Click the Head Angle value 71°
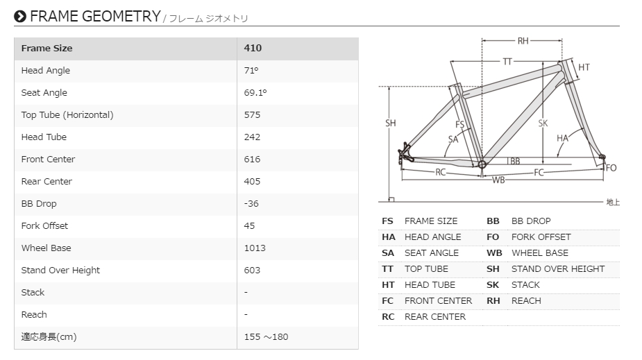[251, 70]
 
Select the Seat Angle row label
[44, 93]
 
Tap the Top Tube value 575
[252, 115]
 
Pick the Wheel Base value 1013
[255, 248]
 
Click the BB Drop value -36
[251, 204]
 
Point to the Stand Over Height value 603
[252, 270]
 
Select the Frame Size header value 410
[253, 49]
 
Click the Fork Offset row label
[44, 226]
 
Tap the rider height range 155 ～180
[266, 336]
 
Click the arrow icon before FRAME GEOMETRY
[20, 17]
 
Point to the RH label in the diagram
[523, 41]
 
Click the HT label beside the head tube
[584, 67]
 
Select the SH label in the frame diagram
[390, 123]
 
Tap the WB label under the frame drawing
[498, 180]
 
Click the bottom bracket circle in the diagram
[482, 164]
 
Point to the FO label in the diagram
[611, 168]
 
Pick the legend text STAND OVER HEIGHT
[557, 268]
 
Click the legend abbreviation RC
[388, 317]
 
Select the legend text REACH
[526, 301]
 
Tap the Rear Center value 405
[252, 182]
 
